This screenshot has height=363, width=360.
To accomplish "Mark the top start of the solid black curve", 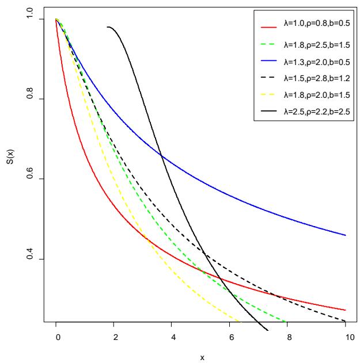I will [x=108, y=27].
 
